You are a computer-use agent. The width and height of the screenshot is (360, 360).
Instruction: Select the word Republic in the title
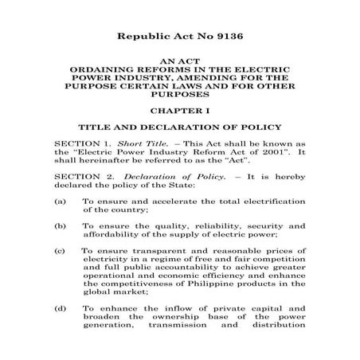[x=146, y=37]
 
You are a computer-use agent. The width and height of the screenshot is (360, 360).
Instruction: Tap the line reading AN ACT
[x=180, y=61]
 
